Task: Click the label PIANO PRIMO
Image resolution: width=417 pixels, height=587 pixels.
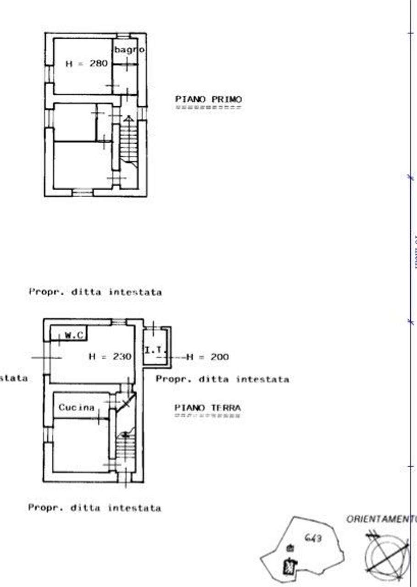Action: (x=208, y=99)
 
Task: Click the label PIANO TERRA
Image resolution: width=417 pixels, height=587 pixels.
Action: (x=207, y=407)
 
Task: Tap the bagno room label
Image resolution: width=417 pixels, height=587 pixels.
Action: (x=129, y=49)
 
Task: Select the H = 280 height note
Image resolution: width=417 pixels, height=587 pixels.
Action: (x=86, y=64)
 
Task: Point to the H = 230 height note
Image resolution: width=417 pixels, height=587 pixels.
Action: (x=110, y=356)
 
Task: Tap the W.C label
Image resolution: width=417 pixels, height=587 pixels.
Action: (x=74, y=335)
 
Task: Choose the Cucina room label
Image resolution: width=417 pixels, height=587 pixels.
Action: (x=76, y=407)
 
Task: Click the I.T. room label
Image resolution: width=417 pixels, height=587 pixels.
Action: (x=154, y=350)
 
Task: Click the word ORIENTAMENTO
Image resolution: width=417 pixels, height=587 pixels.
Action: (x=381, y=519)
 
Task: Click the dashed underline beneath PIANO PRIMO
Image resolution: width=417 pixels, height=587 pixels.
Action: (x=208, y=107)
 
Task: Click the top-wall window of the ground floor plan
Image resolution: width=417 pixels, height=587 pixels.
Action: (x=118, y=322)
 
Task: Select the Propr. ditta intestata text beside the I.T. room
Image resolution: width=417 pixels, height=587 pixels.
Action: (x=222, y=379)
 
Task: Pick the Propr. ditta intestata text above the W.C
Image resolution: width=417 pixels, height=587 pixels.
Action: (x=95, y=292)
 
